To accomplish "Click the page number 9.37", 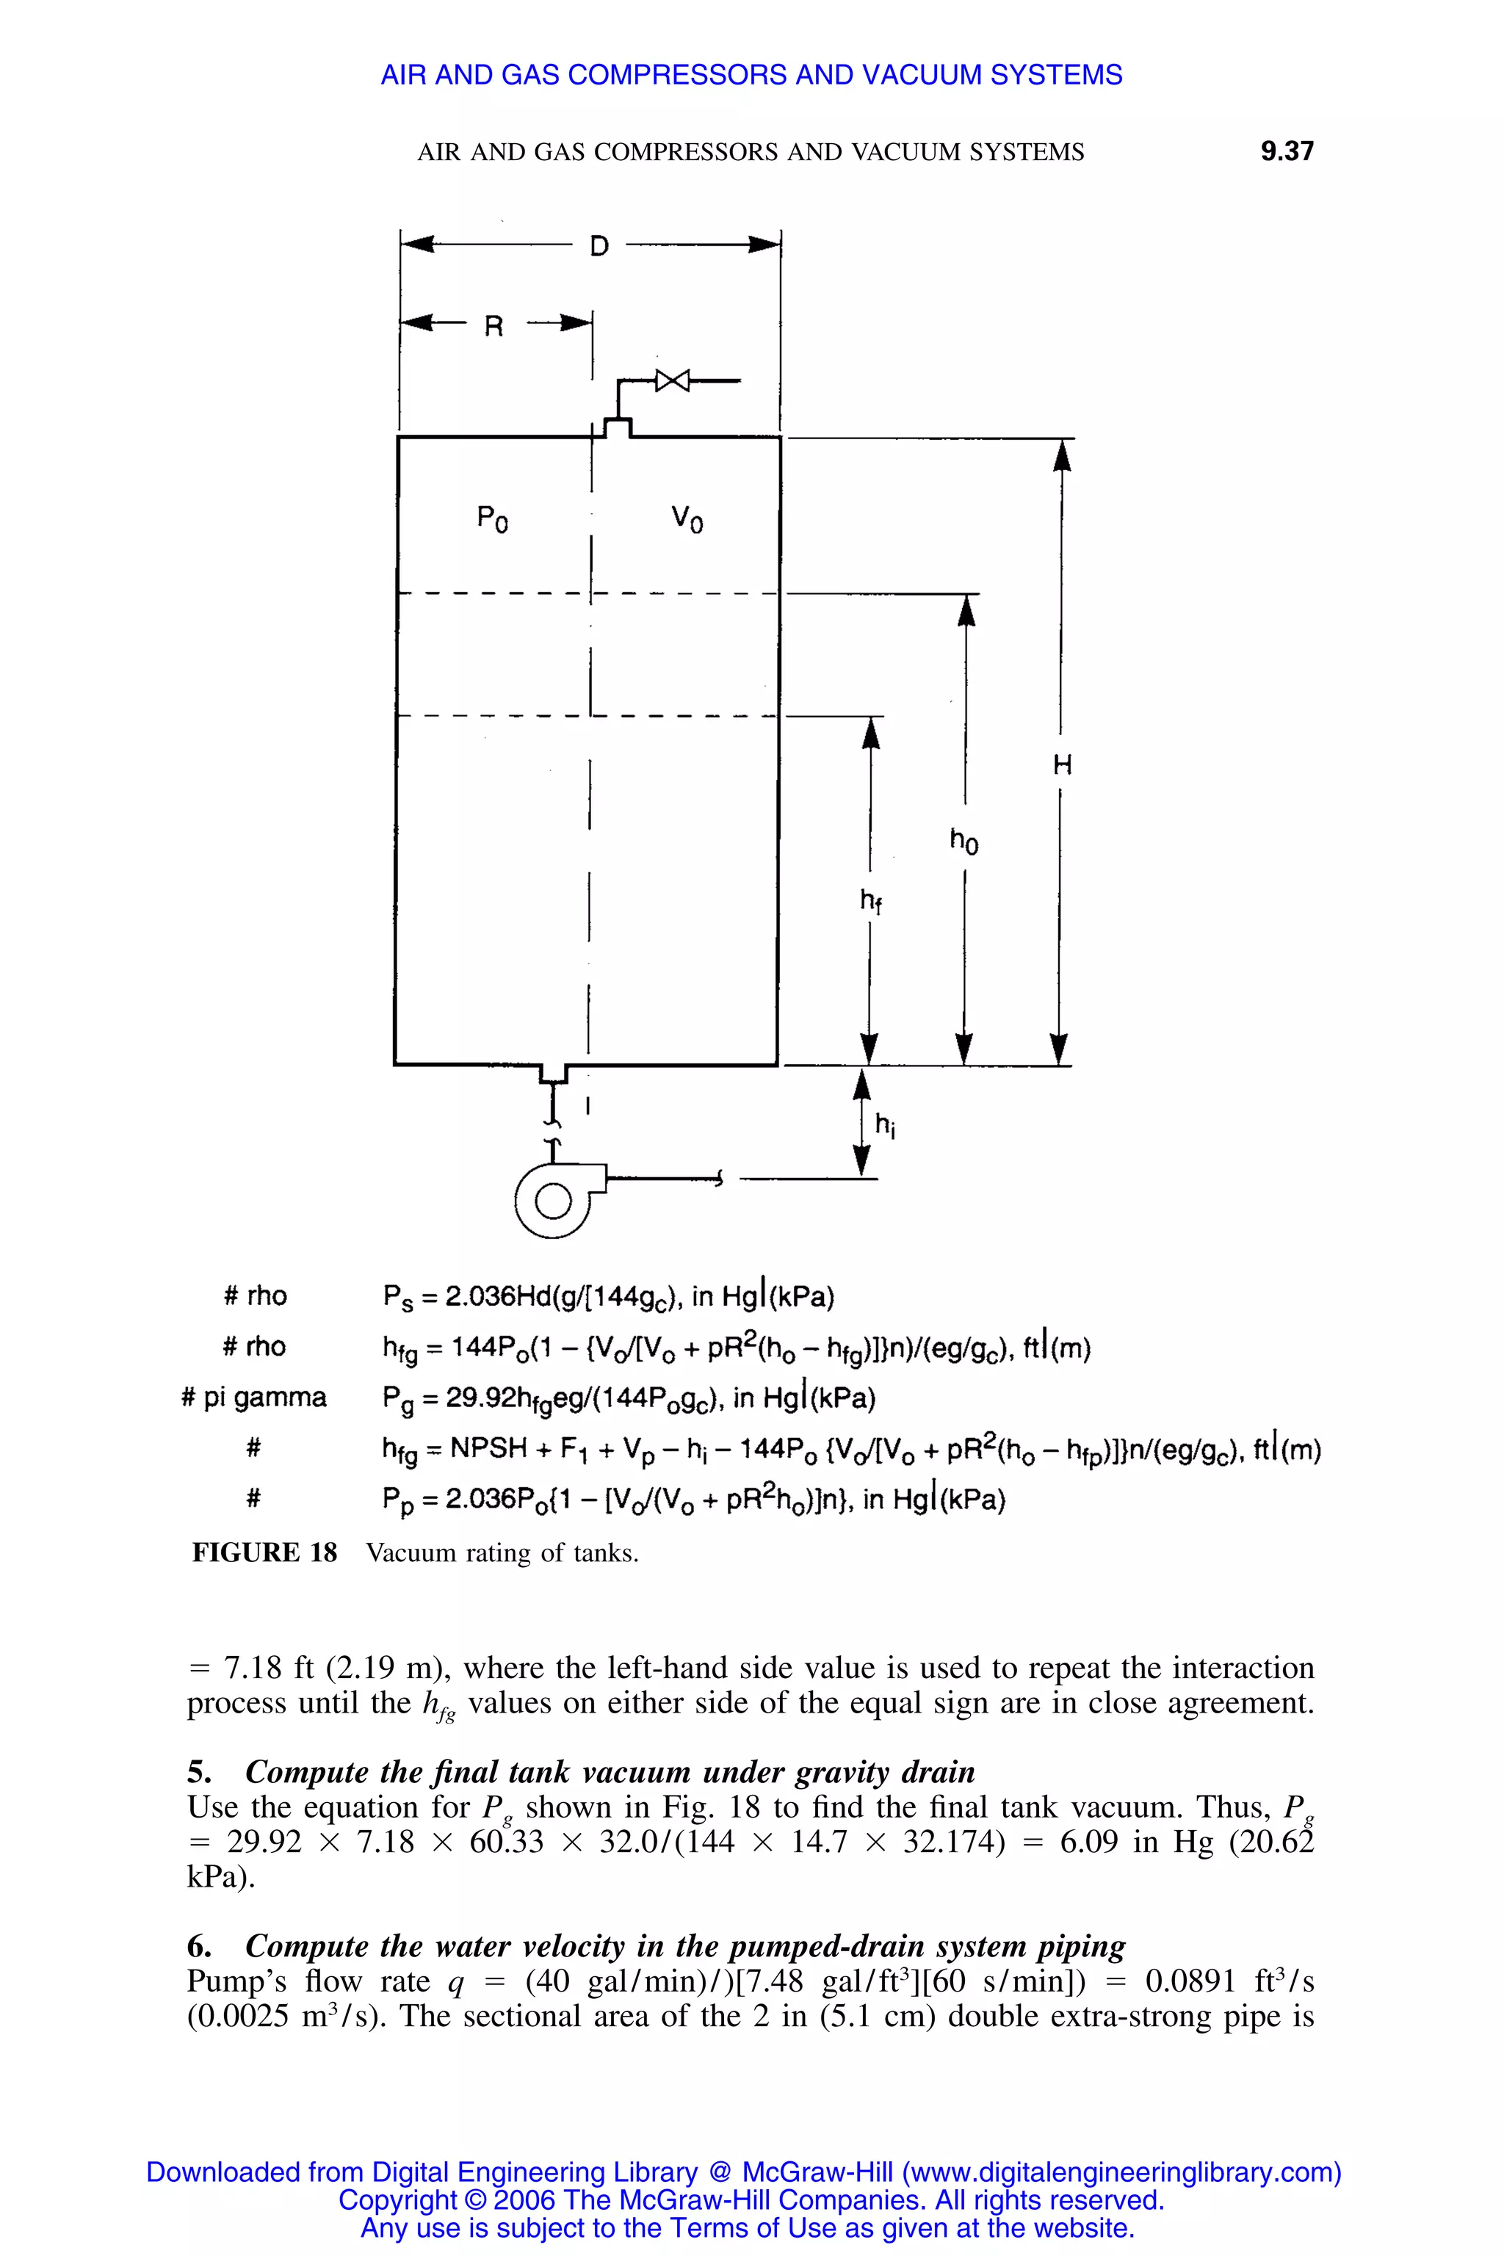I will click(1287, 151).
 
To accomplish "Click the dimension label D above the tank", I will click(599, 247).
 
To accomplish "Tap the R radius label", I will click(493, 327).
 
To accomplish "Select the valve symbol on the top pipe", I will click(673, 381).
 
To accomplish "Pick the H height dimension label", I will click(1062, 764).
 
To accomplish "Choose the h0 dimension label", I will click(964, 841).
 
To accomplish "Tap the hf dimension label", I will click(870, 900).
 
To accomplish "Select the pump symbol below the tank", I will click(552, 1199).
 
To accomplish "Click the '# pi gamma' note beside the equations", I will click(253, 1397).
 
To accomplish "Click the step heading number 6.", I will click(198, 1946).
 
